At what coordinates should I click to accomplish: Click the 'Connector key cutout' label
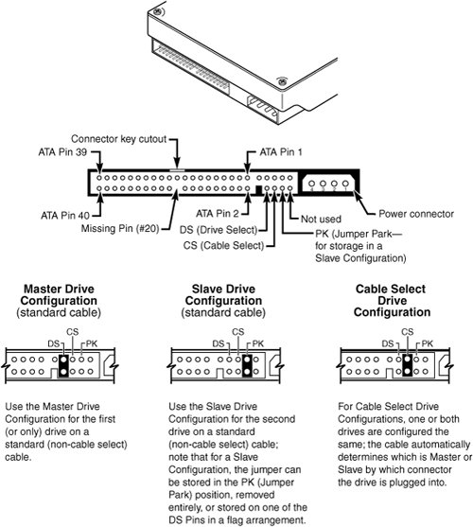pyautogui.click(x=118, y=139)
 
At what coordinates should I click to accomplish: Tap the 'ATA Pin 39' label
pyautogui.click(x=62, y=152)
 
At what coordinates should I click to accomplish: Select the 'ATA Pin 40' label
pyautogui.click(x=65, y=215)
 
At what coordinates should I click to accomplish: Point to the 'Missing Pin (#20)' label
pyautogui.click(x=120, y=229)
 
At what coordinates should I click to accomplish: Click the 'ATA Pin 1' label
pyautogui.click(x=281, y=152)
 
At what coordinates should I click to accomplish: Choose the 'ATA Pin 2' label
pyautogui.click(x=218, y=214)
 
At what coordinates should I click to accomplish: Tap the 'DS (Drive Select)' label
pyautogui.click(x=219, y=230)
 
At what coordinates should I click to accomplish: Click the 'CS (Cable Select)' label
pyautogui.click(x=223, y=245)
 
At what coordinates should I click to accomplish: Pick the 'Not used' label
pyautogui.click(x=321, y=220)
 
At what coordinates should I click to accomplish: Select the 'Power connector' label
pyautogui.click(x=416, y=214)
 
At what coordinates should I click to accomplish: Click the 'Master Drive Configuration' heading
pyautogui.click(x=59, y=295)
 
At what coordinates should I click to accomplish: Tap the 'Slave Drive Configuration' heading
pyautogui.click(x=223, y=295)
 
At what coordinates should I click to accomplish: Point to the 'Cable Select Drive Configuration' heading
pyautogui.click(x=392, y=301)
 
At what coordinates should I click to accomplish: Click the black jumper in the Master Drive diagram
pyautogui.click(x=63, y=365)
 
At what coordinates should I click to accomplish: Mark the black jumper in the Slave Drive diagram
pyautogui.click(x=247, y=365)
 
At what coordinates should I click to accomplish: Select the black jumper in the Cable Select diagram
pyautogui.click(x=408, y=365)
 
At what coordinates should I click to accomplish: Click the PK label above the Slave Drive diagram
pyautogui.click(x=258, y=343)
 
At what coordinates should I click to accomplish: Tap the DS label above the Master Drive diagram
pyautogui.click(x=53, y=343)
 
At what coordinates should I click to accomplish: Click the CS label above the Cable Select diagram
pyautogui.click(x=407, y=332)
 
